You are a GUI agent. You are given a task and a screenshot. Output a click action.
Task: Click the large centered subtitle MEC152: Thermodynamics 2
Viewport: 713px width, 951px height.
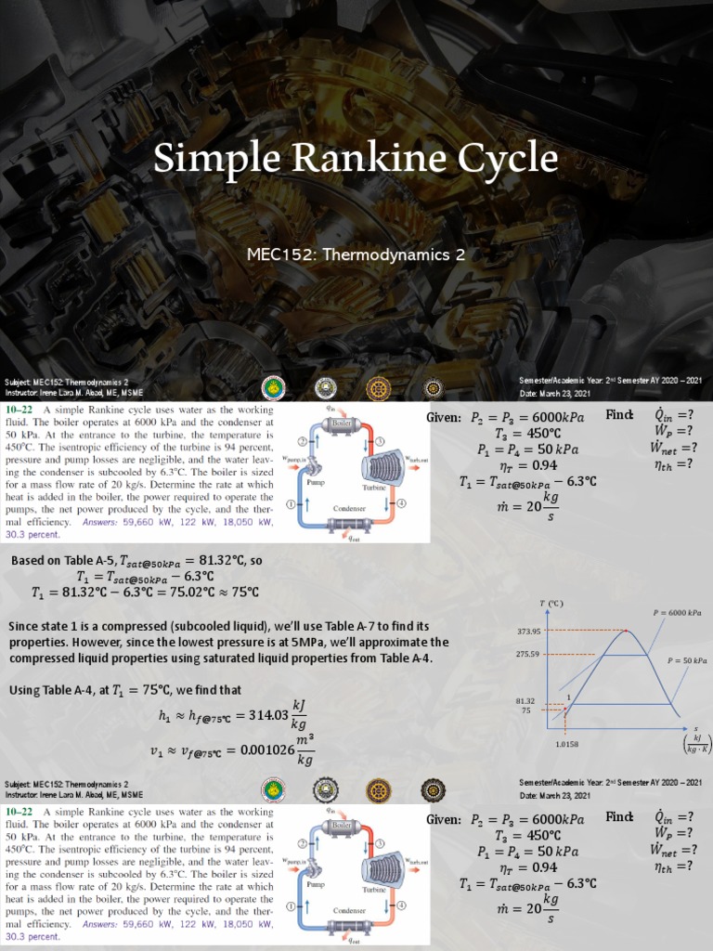pyautogui.click(x=356, y=253)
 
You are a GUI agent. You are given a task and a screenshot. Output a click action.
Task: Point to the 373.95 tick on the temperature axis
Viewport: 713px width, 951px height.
pyautogui.click(x=528, y=632)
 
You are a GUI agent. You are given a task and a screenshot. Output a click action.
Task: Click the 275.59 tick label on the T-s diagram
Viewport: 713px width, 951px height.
pyautogui.click(x=528, y=655)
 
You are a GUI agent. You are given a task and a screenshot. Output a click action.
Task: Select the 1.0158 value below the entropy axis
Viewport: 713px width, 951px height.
pyautogui.click(x=567, y=744)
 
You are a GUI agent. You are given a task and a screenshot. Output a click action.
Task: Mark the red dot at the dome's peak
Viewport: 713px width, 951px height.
pyautogui.click(x=625, y=632)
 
